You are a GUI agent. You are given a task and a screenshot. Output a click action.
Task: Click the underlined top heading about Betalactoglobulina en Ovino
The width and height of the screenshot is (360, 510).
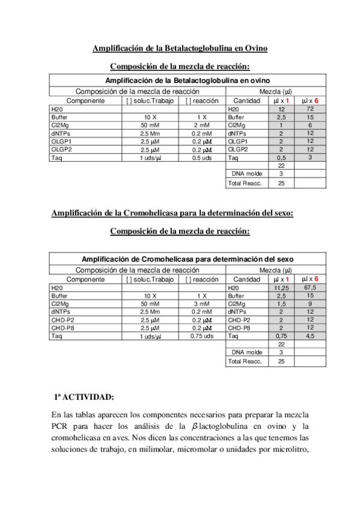(x=180, y=48)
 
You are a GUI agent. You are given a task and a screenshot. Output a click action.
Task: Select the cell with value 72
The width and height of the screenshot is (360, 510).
(x=310, y=109)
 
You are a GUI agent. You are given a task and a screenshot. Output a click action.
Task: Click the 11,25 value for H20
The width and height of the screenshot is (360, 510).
(x=281, y=288)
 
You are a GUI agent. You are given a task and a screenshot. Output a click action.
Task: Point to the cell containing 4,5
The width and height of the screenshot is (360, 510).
(x=310, y=336)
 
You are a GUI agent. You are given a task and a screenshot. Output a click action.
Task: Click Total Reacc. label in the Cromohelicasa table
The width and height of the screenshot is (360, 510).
(x=244, y=361)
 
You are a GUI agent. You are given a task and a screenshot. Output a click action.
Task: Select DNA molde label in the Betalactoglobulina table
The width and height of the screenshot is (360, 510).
(x=246, y=173)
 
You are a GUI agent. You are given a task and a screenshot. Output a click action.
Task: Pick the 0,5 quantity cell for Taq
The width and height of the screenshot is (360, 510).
(x=281, y=158)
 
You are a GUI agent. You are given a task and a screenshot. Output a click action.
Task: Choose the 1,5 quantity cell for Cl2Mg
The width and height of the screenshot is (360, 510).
(x=281, y=304)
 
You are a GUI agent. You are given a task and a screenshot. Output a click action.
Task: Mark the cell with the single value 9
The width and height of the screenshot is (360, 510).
(x=310, y=304)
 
